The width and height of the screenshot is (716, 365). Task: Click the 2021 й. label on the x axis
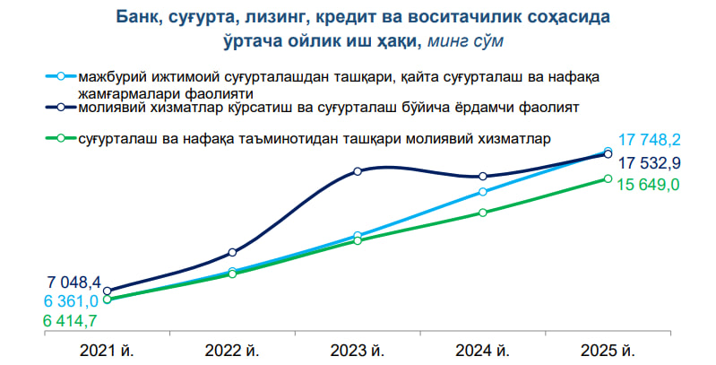[x=107, y=352]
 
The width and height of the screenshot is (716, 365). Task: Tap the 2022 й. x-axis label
[x=232, y=352]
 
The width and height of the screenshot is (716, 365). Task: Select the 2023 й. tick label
[x=358, y=352]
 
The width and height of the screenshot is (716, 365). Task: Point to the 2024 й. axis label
[x=483, y=352]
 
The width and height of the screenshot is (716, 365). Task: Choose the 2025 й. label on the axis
[x=608, y=352]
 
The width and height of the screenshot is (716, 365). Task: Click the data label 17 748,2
[x=650, y=140]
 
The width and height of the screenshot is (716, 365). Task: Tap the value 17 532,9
[x=650, y=162]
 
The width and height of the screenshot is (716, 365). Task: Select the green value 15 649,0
[x=649, y=185]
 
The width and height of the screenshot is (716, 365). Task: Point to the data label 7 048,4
[x=74, y=282]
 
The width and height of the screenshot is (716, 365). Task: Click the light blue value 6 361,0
[x=71, y=301]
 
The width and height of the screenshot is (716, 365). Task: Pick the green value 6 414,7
[x=70, y=321]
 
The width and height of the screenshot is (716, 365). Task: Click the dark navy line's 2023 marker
[x=358, y=171]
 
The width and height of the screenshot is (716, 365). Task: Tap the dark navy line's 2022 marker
[x=232, y=252]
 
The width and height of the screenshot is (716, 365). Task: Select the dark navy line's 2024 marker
[x=483, y=177]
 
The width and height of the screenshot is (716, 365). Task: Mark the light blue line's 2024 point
[x=483, y=192]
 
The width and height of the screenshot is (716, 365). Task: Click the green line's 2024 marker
[x=483, y=213]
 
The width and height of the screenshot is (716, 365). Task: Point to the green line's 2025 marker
[x=608, y=178]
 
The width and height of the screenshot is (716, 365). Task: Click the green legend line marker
[x=61, y=138]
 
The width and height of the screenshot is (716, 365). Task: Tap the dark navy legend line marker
[x=61, y=108]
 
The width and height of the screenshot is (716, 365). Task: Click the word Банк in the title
[x=137, y=17]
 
